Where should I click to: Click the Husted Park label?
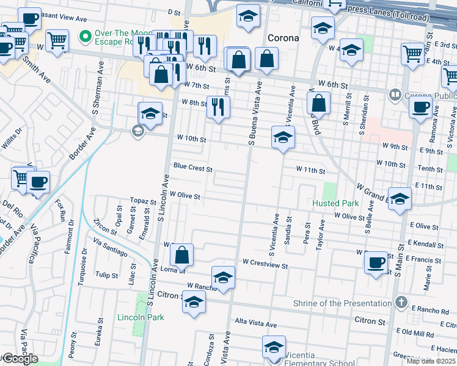pos(335,203)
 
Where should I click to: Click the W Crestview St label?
pos(265,262)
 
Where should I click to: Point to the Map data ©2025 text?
pos(431,361)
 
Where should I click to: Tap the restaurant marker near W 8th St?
pos(218,107)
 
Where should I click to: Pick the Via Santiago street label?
pos(111,248)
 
